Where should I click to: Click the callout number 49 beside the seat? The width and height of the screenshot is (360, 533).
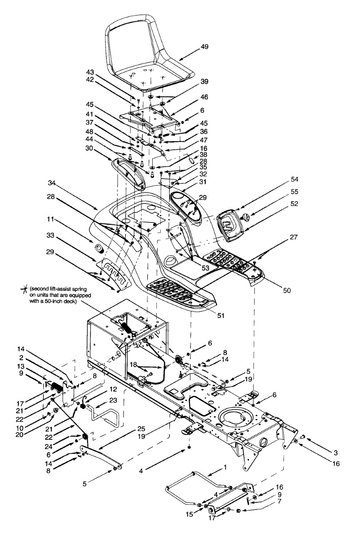pos(205,47)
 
